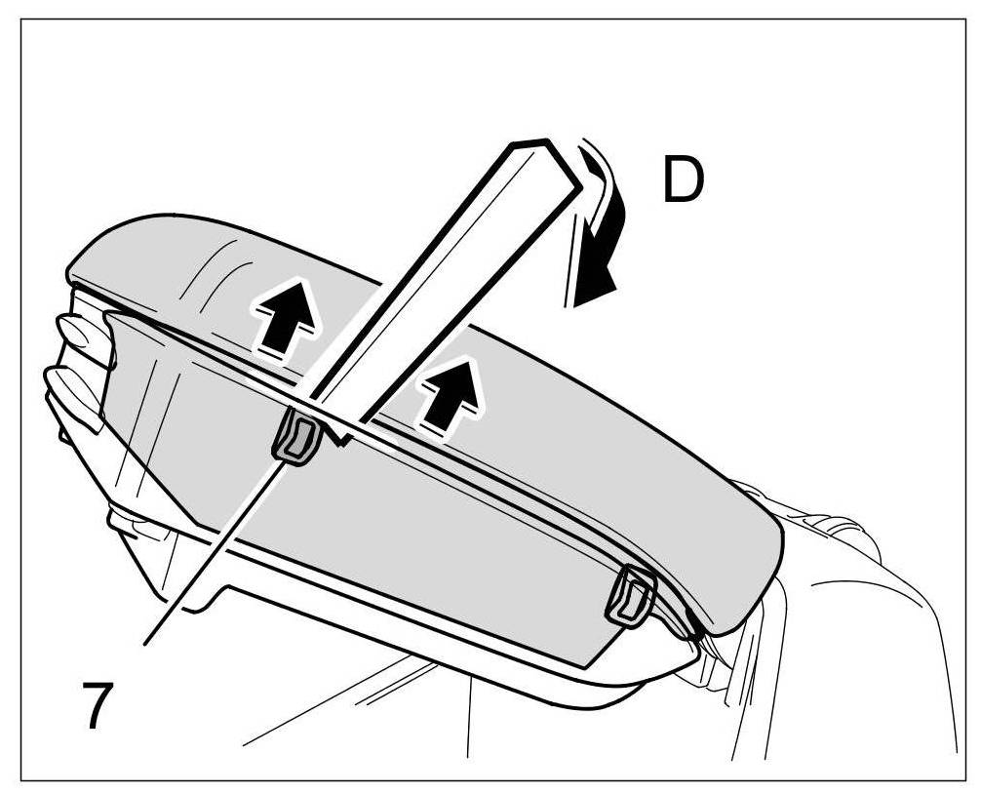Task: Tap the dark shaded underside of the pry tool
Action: (468, 293)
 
